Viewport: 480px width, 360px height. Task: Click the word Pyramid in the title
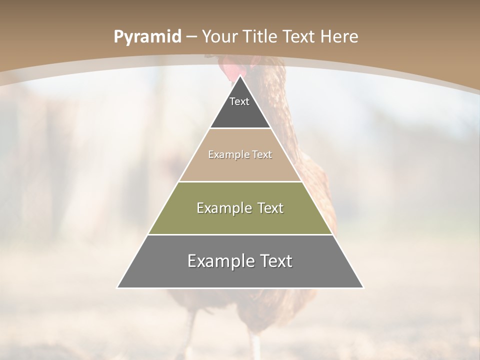tap(147, 37)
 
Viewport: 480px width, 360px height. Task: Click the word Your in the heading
tap(221, 37)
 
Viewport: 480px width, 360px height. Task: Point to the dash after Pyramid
tap(191, 37)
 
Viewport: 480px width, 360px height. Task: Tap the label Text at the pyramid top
tap(239, 101)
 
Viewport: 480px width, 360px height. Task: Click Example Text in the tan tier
tap(240, 154)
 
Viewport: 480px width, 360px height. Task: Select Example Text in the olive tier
tap(240, 208)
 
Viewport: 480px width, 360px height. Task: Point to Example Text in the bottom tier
tap(240, 261)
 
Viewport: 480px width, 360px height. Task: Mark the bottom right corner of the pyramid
tap(363, 287)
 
